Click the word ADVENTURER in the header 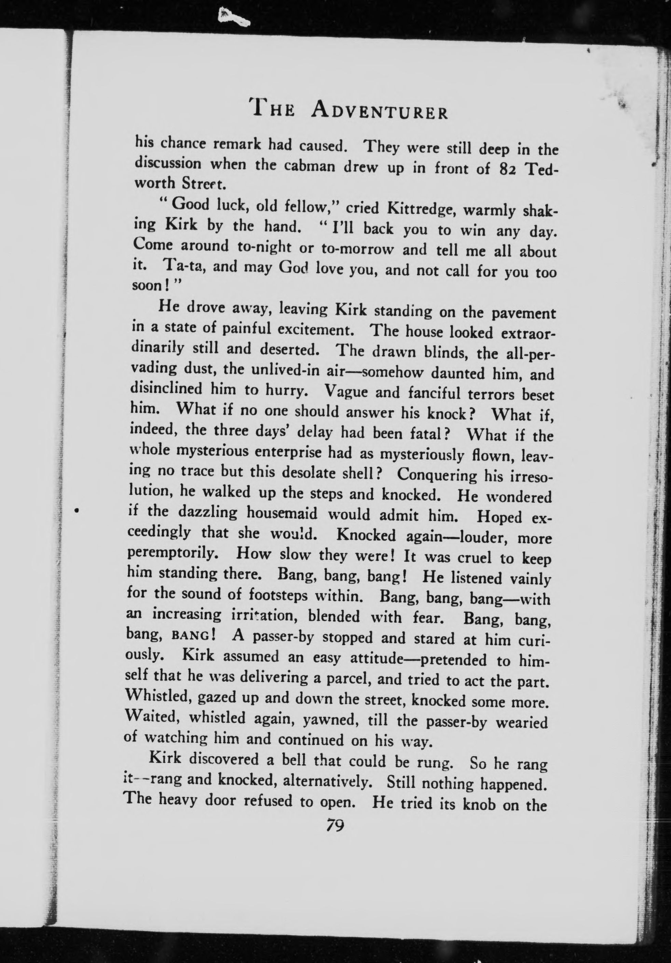point(380,111)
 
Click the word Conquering point(437,475)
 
